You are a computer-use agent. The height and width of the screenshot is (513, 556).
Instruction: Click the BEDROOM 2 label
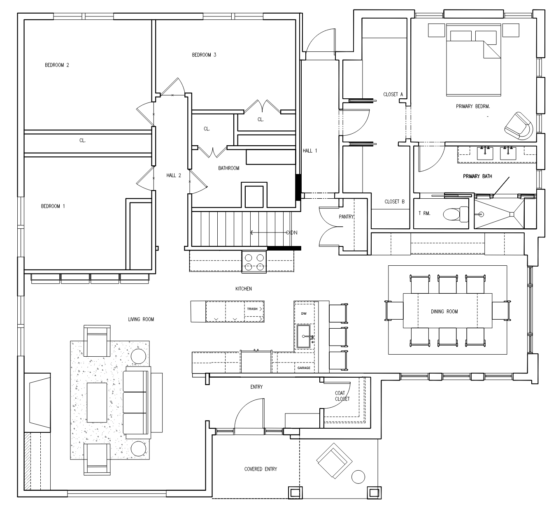(x=57, y=65)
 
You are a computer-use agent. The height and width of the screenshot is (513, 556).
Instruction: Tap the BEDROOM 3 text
(x=204, y=55)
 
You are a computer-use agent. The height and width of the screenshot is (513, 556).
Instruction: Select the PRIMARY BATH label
(x=477, y=176)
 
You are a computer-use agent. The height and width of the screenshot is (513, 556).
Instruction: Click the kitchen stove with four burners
(x=254, y=262)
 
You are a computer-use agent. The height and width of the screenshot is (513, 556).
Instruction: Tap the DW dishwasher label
(x=304, y=313)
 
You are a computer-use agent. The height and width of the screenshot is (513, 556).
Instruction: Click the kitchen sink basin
(x=303, y=337)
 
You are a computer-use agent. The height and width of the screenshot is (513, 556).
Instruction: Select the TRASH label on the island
(x=252, y=309)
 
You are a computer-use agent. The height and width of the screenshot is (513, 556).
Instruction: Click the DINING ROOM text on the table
(x=444, y=311)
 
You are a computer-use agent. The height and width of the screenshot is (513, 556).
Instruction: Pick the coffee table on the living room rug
(x=97, y=402)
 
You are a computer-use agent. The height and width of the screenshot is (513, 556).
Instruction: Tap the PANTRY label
(x=346, y=217)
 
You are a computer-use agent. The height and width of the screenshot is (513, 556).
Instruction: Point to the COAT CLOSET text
(x=342, y=396)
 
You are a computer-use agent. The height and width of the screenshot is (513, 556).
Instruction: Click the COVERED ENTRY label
(x=261, y=469)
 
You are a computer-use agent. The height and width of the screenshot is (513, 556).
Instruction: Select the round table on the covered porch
(x=358, y=477)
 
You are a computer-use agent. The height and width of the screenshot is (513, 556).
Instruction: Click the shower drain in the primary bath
(x=512, y=214)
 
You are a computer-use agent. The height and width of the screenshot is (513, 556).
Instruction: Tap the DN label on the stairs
(x=294, y=232)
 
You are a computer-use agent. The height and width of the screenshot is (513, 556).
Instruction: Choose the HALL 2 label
(x=174, y=176)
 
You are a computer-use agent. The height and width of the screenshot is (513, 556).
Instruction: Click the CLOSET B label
(x=394, y=202)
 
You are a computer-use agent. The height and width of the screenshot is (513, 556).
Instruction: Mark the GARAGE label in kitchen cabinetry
(x=304, y=368)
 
